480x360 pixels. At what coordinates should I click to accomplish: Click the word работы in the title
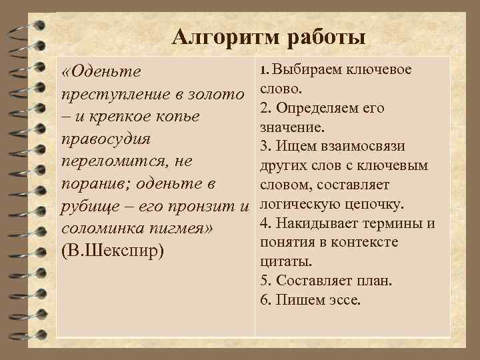pyautogui.click(x=326, y=38)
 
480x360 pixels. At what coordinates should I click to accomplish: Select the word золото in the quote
pyautogui.click(x=214, y=95)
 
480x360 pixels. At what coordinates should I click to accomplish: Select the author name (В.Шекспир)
pyautogui.click(x=114, y=253)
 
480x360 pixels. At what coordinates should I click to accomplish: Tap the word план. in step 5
pyautogui.click(x=374, y=280)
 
